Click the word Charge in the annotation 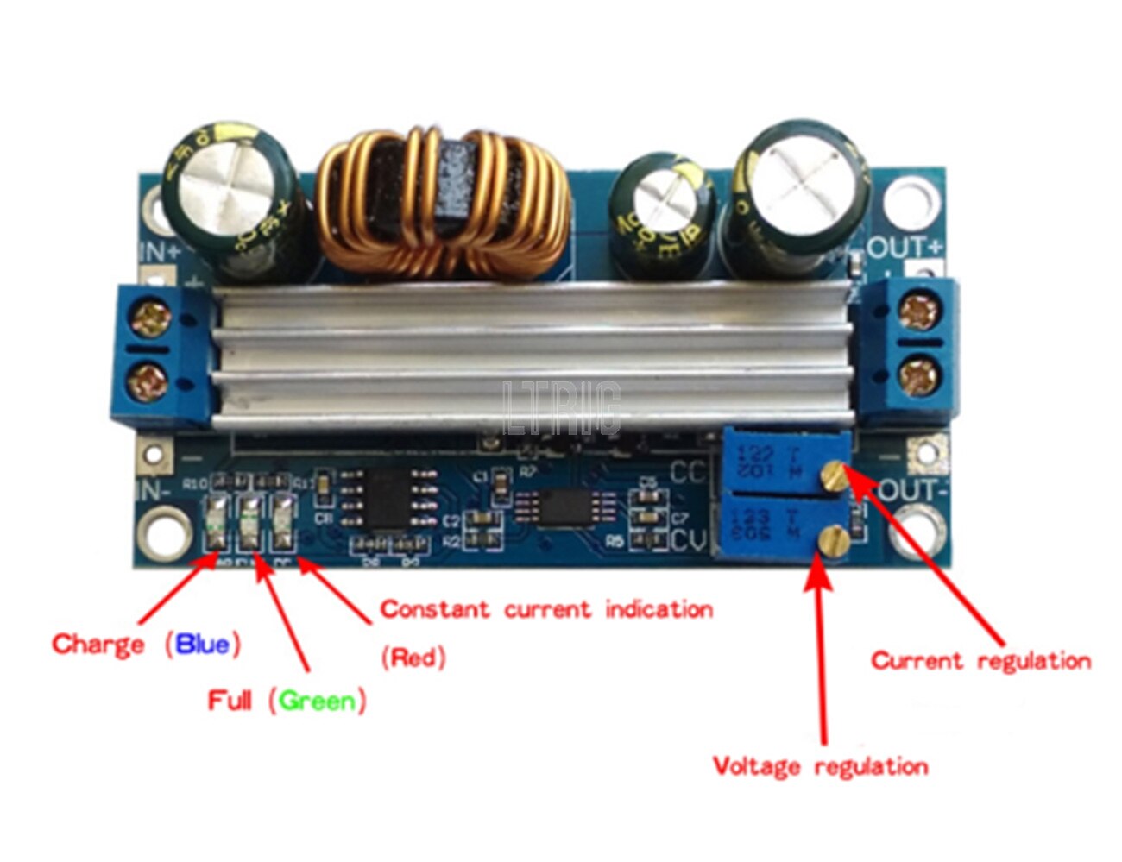(x=98, y=645)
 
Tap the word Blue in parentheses (x=203, y=645)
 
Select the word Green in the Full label (x=318, y=701)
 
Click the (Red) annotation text (x=413, y=658)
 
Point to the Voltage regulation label (x=820, y=766)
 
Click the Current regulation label (x=980, y=662)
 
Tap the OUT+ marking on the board (x=905, y=248)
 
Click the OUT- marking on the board (x=913, y=491)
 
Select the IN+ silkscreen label (x=161, y=252)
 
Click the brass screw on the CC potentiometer (x=834, y=474)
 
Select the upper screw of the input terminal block (x=154, y=318)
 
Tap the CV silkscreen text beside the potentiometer (x=689, y=541)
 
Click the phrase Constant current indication (x=546, y=610)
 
